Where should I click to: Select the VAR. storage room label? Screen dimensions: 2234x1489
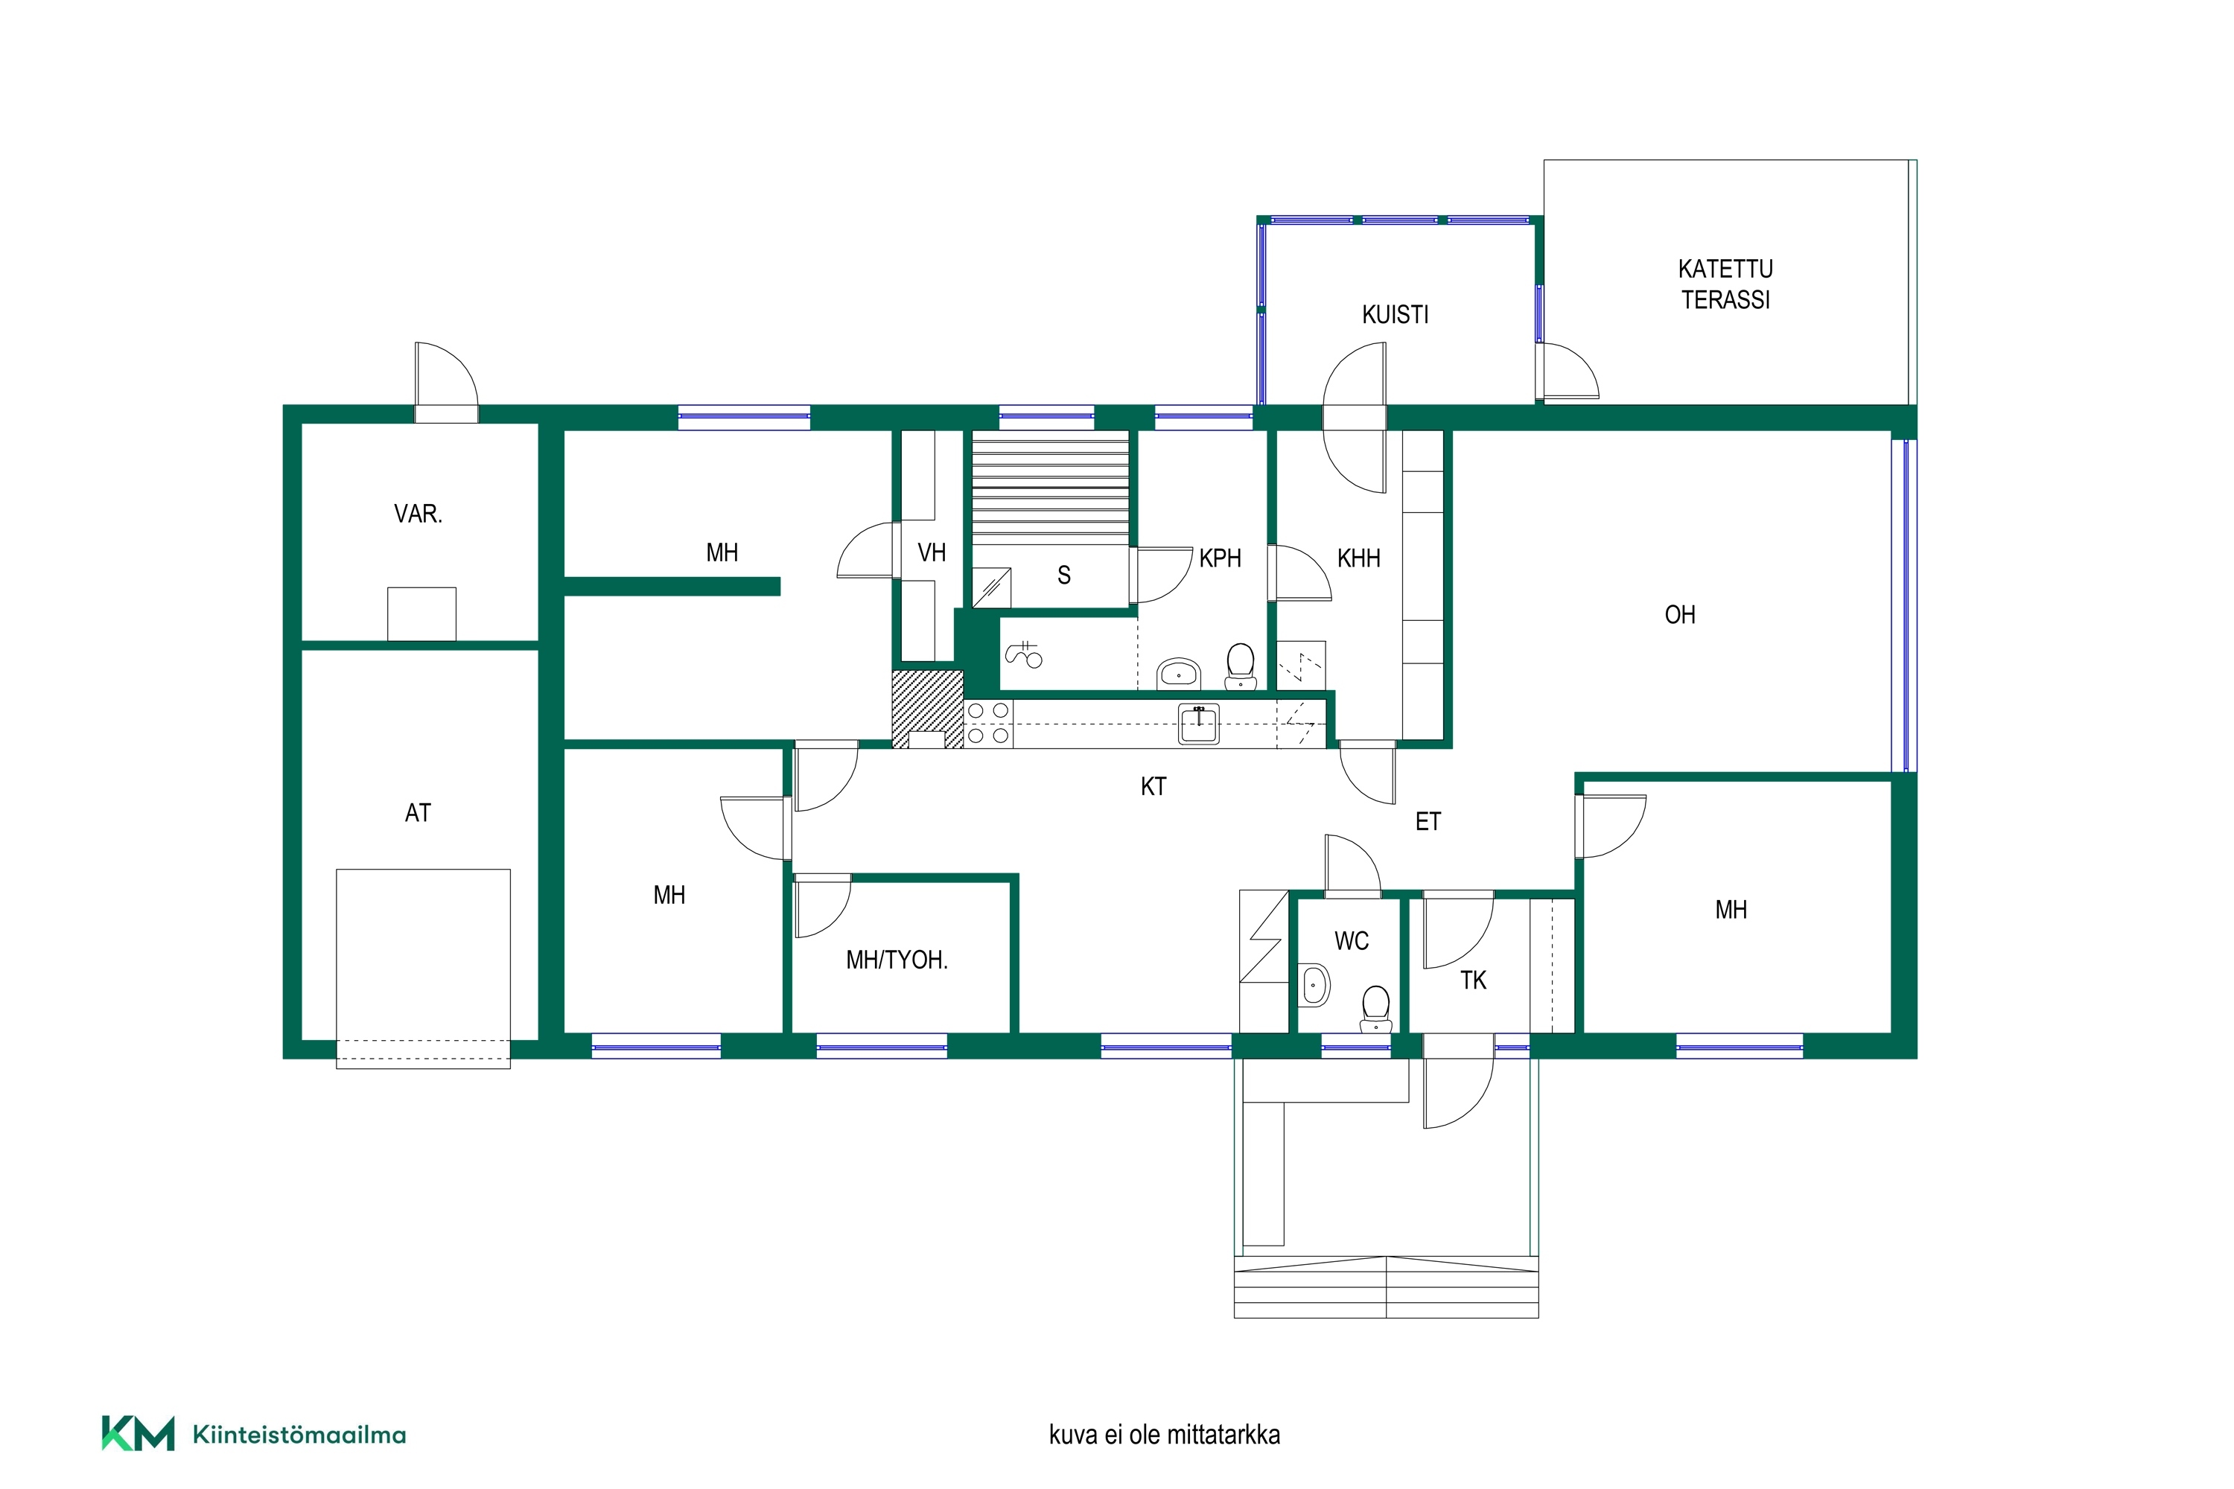pyautogui.click(x=418, y=514)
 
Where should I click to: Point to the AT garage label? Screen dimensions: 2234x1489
pyautogui.click(x=418, y=813)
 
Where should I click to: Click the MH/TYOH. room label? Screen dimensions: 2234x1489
pyautogui.click(x=897, y=960)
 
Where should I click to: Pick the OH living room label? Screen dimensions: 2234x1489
pyautogui.click(x=1679, y=614)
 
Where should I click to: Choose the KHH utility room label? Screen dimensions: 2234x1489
pyautogui.click(x=1358, y=558)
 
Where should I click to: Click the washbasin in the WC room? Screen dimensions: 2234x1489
pyautogui.click(x=1314, y=986)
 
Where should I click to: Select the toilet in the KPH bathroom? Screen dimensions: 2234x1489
pyautogui.click(x=1241, y=666)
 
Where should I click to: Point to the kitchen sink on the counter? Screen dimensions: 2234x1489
pyautogui.click(x=1199, y=724)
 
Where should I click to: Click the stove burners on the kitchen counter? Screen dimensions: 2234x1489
pyautogui.click(x=988, y=724)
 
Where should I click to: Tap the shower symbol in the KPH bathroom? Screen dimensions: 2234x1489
pyautogui.click(x=1024, y=654)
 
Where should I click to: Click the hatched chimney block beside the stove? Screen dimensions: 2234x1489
pyautogui.click(x=927, y=710)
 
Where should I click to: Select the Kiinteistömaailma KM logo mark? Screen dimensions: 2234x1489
pyautogui.click(x=139, y=1434)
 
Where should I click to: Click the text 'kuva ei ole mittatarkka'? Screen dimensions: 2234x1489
pyautogui.click(x=1165, y=1434)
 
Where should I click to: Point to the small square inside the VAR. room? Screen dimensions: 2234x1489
pyautogui.click(x=421, y=614)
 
